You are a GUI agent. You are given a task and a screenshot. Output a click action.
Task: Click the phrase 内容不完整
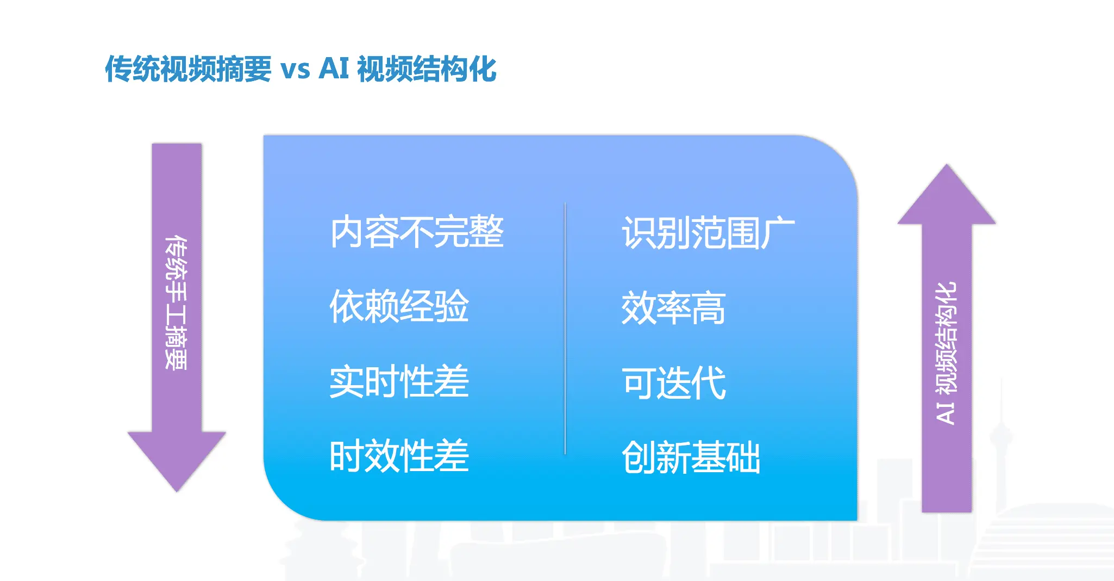(417, 232)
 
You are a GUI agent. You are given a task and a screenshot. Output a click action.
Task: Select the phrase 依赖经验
(399, 306)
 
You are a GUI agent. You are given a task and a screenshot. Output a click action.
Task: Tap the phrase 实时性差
(399, 381)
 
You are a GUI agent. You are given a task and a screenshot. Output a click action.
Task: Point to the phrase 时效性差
(399, 456)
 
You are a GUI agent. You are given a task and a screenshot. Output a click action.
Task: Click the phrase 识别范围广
(709, 233)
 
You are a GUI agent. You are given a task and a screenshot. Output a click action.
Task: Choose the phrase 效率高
(674, 308)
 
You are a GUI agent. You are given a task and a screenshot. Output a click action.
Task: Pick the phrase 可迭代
(674, 383)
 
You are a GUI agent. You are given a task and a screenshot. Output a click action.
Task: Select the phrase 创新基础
(691, 458)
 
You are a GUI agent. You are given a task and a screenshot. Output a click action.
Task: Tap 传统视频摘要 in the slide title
(188, 69)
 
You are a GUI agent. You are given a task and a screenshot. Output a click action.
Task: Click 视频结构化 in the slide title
(427, 69)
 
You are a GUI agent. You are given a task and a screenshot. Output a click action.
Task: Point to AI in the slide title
(334, 69)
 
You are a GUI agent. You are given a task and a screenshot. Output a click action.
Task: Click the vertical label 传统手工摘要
(177, 302)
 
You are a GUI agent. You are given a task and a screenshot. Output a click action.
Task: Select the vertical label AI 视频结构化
(946, 353)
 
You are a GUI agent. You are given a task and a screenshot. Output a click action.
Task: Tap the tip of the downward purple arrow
(177, 492)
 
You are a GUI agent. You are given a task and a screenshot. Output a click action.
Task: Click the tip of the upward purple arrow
(947, 164)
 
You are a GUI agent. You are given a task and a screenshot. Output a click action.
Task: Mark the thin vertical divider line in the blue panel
(565, 329)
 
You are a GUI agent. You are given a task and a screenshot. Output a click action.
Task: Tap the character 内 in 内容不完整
(347, 232)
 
